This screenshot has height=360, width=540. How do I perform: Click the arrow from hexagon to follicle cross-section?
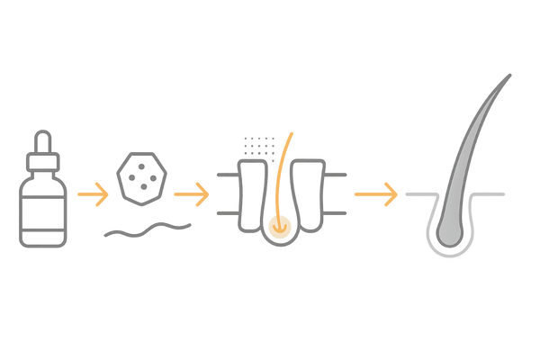click(192, 193)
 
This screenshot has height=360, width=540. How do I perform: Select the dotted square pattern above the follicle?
click(260, 147)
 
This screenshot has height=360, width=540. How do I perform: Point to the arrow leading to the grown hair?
click(377, 193)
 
